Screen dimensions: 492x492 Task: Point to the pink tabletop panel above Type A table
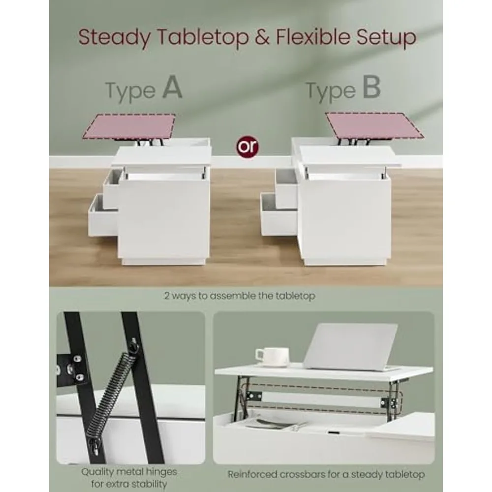(130, 126)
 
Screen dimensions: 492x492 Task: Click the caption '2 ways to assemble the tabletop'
(240, 296)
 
